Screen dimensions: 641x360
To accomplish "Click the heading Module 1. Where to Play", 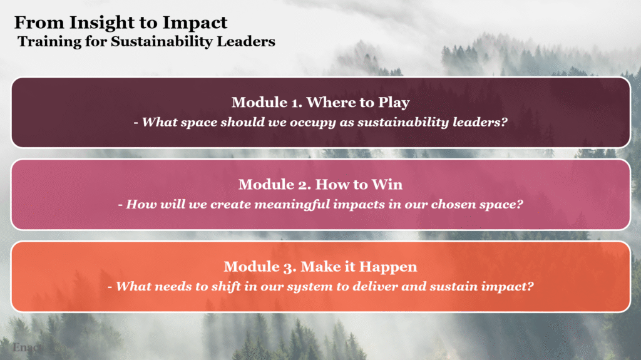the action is point(320,102).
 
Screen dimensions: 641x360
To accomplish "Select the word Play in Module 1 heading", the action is point(394,103).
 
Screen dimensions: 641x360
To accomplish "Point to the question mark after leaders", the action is point(504,122).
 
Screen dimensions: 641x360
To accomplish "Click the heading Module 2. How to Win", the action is point(320,185).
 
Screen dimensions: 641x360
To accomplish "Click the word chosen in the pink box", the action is point(454,205).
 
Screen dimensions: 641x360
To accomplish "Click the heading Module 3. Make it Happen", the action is point(320,267).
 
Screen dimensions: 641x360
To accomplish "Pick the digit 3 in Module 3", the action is point(288,268).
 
